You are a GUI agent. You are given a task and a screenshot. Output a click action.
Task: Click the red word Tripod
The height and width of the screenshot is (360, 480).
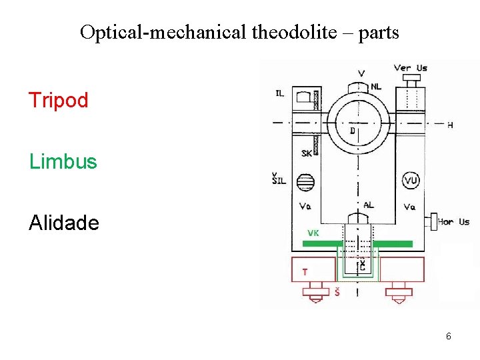[x=59, y=101]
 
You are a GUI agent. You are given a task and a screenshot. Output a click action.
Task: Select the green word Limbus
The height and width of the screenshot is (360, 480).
[x=63, y=162]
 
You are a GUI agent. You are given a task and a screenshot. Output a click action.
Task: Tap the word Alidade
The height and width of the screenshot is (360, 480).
[x=64, y=223]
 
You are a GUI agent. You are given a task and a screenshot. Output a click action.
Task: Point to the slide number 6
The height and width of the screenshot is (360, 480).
[x=449, y=337]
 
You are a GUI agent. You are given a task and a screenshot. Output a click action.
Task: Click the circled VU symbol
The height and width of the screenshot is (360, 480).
[x=411, y=180]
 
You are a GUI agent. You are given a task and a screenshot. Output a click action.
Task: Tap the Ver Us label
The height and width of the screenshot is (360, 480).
[x=410, y=67]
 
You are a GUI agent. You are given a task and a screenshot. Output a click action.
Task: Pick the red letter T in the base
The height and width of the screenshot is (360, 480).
[x=305, y=272]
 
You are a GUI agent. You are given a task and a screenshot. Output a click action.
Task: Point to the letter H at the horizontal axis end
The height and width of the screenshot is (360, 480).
[x=450, y=125]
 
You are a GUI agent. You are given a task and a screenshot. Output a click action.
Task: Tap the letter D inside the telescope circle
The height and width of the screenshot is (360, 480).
[x=353, y=131]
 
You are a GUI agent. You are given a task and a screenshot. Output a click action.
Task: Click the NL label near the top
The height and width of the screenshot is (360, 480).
[x=377, y=87]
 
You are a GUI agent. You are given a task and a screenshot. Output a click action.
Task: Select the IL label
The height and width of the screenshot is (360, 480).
[x=280, y=93]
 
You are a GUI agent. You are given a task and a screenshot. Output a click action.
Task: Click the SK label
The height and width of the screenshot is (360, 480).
[x=306, y=153]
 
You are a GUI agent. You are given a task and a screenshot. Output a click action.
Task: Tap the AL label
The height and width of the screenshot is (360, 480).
[x=369, y=205]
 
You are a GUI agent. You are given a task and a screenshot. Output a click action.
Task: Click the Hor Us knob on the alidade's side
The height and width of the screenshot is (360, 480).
[x=431, y=221]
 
